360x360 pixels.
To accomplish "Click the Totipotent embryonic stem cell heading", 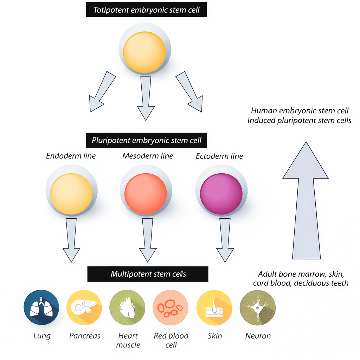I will (146, 10).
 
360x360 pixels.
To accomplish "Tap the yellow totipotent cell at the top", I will (144, 52).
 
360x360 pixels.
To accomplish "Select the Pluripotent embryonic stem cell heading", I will (146, 141).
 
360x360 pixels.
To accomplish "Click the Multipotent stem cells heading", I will (148, 274).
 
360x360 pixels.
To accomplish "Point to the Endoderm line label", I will (71, 156).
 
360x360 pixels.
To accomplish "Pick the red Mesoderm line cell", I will (146, 194).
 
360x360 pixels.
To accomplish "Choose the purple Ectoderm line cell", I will (221, 194).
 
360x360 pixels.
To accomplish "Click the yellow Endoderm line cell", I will (71, 194).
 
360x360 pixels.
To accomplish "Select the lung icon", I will (41, 308).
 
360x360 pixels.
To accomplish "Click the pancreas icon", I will (84, 308).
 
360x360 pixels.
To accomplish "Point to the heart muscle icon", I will (127, 308).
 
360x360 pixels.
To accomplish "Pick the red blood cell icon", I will (171, 308).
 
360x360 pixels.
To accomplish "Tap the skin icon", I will (214, 308).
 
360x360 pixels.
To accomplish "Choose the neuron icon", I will (257, 308).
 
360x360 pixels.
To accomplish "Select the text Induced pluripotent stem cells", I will (299, 120).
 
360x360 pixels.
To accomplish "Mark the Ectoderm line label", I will (219, 156).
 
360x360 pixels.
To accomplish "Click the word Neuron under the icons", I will (258, 336).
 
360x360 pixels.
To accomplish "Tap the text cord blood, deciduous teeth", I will (301, 283).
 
